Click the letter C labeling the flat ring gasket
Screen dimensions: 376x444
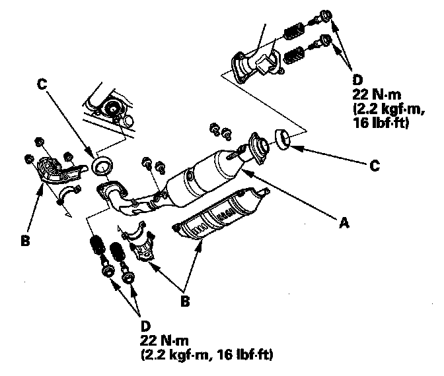[x=42, y=84]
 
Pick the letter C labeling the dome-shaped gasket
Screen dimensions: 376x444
[x=375, y=166]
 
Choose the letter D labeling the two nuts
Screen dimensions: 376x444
[x=145, y=326]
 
